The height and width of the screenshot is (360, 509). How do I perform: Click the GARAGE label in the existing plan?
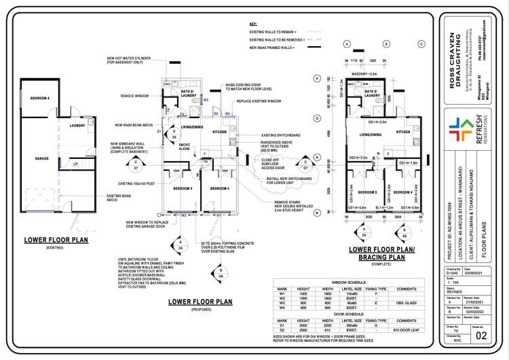tap(42, 158)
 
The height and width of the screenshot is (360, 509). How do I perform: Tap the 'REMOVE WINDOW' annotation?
tap(135, 96)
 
